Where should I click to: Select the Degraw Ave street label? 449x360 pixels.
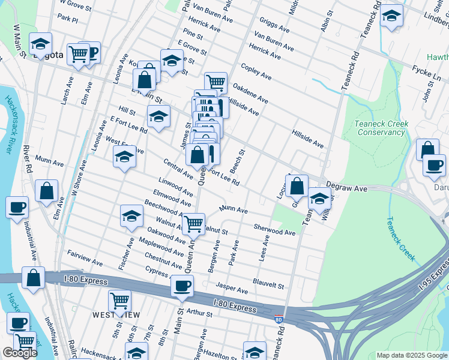[x=346, y=188]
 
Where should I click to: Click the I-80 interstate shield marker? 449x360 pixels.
[x=279, y=320]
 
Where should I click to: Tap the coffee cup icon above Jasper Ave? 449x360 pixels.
[x=182, y=286]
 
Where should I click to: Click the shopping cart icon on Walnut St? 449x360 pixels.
[x=193, y=224]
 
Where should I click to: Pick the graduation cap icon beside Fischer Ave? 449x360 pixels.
[x=132, y=217]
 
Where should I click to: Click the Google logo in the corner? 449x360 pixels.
[x=20, y=353]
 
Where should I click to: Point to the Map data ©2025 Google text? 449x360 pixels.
[x=411, y=355]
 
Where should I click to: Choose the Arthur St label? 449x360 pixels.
[x=196, y=313]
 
